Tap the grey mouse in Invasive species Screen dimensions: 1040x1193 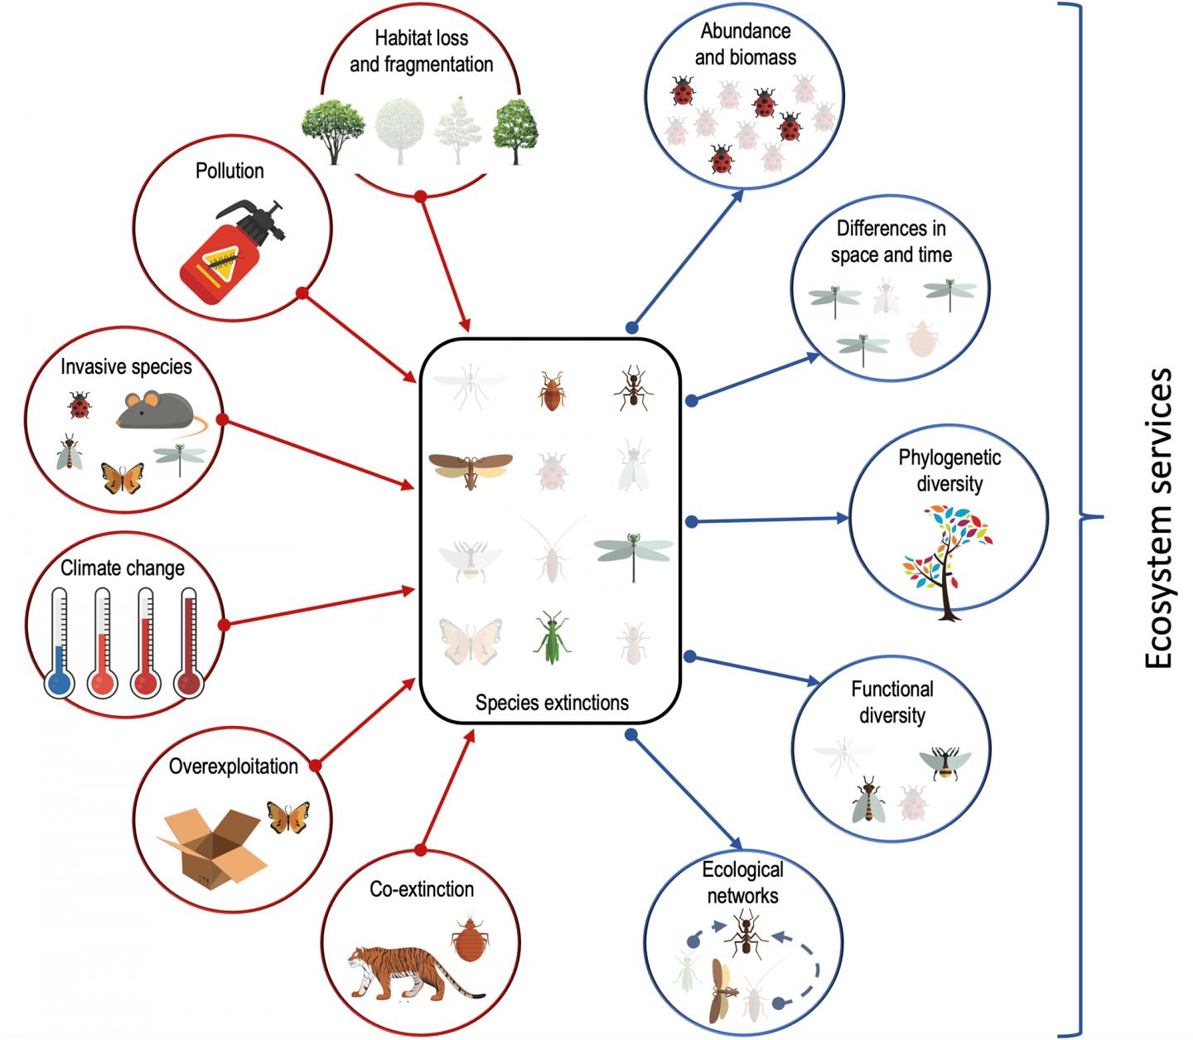point(153,410)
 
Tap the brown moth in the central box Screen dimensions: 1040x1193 point(471,468)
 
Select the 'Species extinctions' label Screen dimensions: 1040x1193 point(552,703)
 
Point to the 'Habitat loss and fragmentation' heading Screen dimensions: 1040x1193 point(421,51)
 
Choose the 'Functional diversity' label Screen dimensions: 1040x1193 point(891,702)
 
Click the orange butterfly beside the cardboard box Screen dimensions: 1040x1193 point(288,816)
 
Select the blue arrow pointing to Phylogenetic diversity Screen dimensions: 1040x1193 point(770,520)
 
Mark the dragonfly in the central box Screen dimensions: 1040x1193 point(634,553)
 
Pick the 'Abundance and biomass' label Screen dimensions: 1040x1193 point(746,44)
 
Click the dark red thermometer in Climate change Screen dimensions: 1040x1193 point(188,642)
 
